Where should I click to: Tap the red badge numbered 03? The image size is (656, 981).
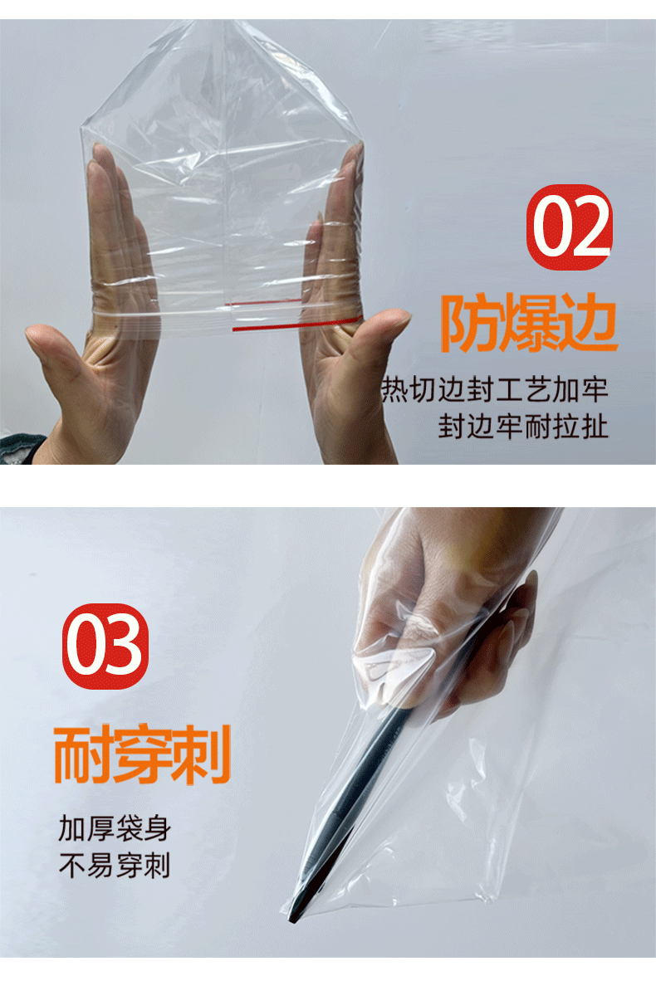(x=105, y=646)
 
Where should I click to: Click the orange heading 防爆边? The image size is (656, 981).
(x=529, y=325)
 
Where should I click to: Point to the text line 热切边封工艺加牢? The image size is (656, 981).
(x=495, y=389)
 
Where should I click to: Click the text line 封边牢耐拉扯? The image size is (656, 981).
(x=524, y=427)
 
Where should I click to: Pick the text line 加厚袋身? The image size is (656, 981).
(x=114, y=827)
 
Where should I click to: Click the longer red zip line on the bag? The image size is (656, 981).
(x=295, y=325)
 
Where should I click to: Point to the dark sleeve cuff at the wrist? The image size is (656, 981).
(x=21, y=448)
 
